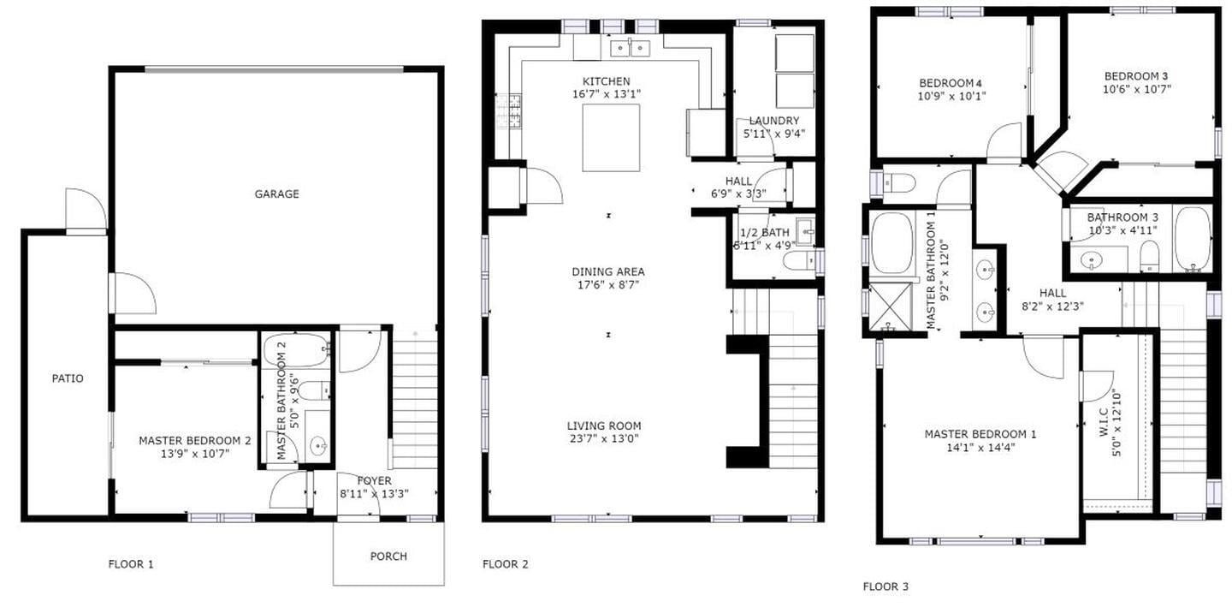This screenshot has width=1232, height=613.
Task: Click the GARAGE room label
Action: point(276,194)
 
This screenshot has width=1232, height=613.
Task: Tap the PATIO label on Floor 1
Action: point(68,378)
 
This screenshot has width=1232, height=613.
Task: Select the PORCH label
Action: point(388,556)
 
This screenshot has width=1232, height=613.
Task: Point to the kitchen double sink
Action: point(631,48)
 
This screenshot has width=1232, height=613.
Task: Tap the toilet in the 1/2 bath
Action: point(797,260)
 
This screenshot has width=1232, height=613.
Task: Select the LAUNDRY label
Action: point(773,121)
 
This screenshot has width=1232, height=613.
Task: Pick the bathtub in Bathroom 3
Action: point(1192,239)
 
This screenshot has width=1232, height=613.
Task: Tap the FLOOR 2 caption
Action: point(505,564)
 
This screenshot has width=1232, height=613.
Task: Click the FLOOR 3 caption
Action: point(885,586)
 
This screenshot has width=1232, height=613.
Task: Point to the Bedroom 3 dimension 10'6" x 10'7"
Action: point(1136,88)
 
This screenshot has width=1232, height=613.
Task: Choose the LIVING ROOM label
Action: point(603,426)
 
